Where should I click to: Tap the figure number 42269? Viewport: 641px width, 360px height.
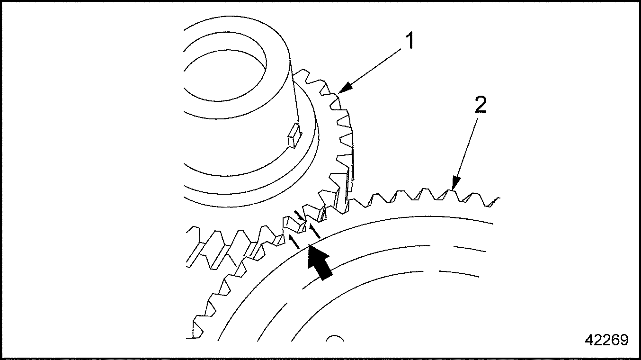click(x=606, y=340)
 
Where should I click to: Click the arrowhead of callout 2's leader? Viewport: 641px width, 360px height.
click(x=454, y=184)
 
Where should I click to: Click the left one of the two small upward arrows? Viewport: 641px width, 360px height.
click(x=294, y=243)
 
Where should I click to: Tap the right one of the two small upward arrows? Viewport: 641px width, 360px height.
click(x=314, y=232)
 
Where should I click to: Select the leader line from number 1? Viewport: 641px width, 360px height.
click(x=374, y=69)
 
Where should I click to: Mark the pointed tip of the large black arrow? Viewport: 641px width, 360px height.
click(x=309, y=245)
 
